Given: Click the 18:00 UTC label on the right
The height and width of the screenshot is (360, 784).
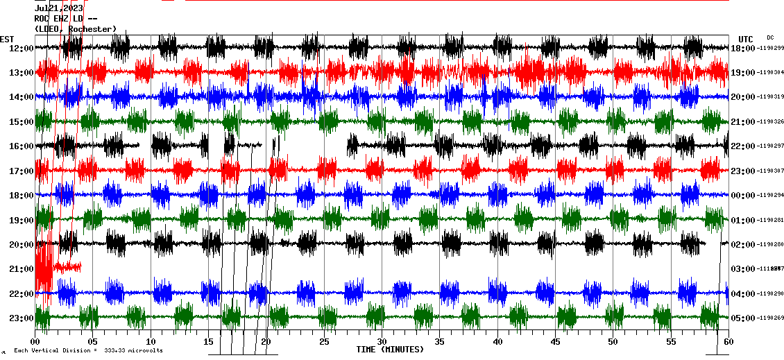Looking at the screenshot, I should click(743, 48).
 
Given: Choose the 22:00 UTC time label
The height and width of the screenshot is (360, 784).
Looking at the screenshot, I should click(743, 146).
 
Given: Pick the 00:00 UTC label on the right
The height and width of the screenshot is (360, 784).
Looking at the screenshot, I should click(743, 196).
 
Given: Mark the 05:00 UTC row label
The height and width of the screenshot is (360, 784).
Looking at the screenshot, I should click(743, 318).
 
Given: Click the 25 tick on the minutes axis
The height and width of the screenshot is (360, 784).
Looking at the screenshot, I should click(324, 341).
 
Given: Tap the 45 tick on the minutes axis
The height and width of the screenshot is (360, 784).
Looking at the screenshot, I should click(555, 341).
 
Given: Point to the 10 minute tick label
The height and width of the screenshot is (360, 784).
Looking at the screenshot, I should click(151, 341).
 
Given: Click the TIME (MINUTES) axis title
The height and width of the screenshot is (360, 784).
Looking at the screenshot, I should click(390, 350).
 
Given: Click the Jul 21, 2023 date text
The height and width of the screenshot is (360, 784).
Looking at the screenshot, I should click(59, 8).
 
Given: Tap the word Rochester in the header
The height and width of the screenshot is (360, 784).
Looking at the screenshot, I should click(92, 29).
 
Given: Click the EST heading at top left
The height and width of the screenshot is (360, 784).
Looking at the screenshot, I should click(7, 39).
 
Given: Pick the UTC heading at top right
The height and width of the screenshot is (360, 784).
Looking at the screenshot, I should click(746, 39).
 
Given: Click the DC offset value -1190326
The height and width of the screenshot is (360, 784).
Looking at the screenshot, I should click(770, 122).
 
